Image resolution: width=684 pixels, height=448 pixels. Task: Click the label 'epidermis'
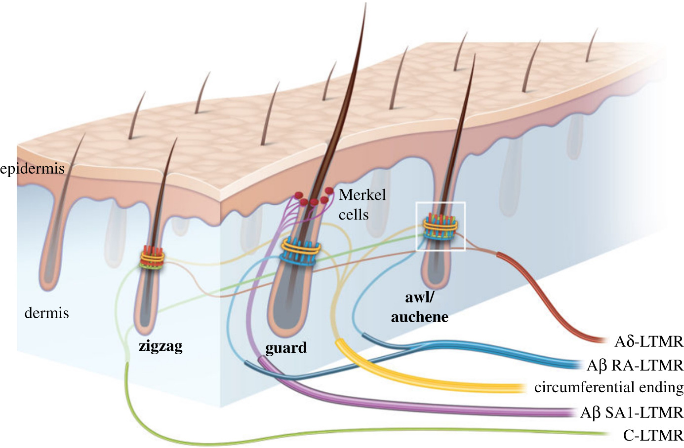[x=33, y=169]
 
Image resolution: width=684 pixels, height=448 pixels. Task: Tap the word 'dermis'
[x=46, y=313]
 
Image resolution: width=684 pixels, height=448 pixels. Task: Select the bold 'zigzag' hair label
[x=161, y=346]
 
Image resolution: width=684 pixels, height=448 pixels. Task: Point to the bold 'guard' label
[x=286, y=348]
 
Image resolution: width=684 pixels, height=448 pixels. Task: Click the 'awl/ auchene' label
[x=419, y=307]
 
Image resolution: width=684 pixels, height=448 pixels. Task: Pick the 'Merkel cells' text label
[x=362, y=204]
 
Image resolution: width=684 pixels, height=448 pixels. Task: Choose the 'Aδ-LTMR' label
[x=648, y=341]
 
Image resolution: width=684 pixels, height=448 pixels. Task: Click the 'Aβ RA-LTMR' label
[x=635, y=366]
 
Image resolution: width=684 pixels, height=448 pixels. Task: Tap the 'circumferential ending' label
[x=608, y=387]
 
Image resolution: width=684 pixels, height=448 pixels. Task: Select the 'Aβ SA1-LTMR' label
[x=632, y=412]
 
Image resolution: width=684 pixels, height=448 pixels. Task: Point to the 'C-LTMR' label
[x=653, y=435]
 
